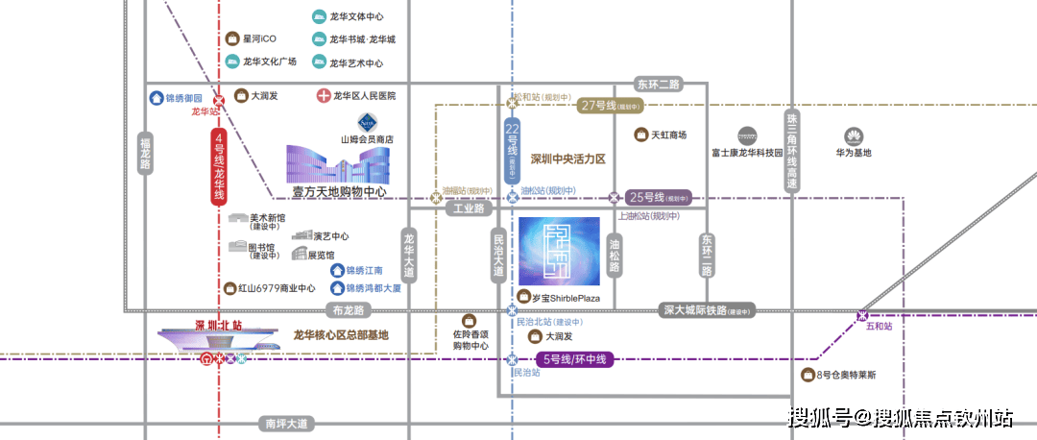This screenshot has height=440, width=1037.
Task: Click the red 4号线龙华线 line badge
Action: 219,166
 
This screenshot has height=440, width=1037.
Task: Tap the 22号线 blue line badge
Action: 512,151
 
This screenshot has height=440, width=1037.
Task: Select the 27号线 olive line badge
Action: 610,106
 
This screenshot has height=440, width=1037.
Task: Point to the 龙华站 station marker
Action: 219,98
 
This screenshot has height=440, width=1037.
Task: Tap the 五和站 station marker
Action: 862,315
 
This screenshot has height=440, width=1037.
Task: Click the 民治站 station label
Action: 526,373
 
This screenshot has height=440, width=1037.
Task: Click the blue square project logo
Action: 559,251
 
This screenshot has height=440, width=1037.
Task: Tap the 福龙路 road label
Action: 146,152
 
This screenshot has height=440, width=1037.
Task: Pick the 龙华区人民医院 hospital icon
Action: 325,96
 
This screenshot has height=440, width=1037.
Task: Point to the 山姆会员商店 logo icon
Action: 367,122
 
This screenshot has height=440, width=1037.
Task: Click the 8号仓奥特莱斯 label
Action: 845,375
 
